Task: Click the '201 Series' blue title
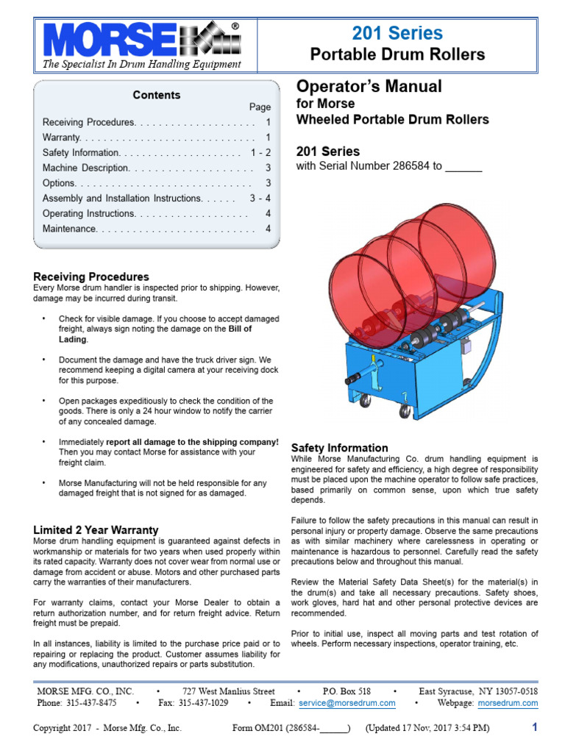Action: coord(397,33)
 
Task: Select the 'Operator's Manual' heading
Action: coord(369,87)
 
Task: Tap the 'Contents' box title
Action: coord(156,95)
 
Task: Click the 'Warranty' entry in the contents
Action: coord(62,138)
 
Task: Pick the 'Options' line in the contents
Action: coord(59,183)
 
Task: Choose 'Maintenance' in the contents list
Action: coord(70,229)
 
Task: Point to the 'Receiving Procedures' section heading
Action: coord(91,276)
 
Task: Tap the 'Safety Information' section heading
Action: coord(340,447)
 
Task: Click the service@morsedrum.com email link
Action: coord(347,703)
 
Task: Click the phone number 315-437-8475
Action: coord(90,703)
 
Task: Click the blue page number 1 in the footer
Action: coord(535,727)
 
